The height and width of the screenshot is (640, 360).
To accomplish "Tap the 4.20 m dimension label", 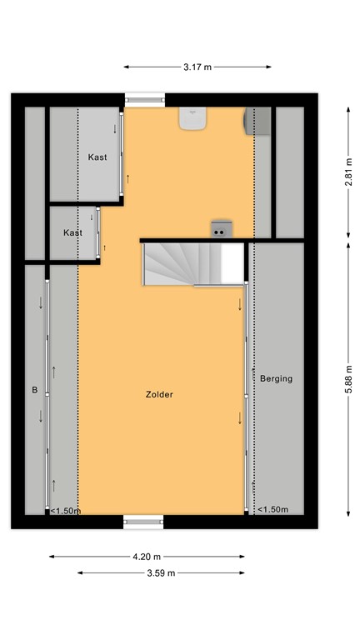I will tap(147, 557).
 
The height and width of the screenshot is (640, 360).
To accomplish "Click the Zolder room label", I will tap(158, 395).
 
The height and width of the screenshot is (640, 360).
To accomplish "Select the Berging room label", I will tap(276, 378).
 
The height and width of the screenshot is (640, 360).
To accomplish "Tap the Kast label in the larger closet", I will tap(98, 157).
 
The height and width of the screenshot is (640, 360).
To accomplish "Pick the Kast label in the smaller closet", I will tap(73, 232).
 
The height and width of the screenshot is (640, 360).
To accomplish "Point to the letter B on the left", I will tap(35, 389).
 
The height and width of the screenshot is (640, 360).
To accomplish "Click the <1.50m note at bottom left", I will tap(65, 511).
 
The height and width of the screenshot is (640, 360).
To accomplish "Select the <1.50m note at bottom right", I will tap(272, 510).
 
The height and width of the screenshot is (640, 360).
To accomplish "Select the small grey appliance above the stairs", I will tap(222, 229).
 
